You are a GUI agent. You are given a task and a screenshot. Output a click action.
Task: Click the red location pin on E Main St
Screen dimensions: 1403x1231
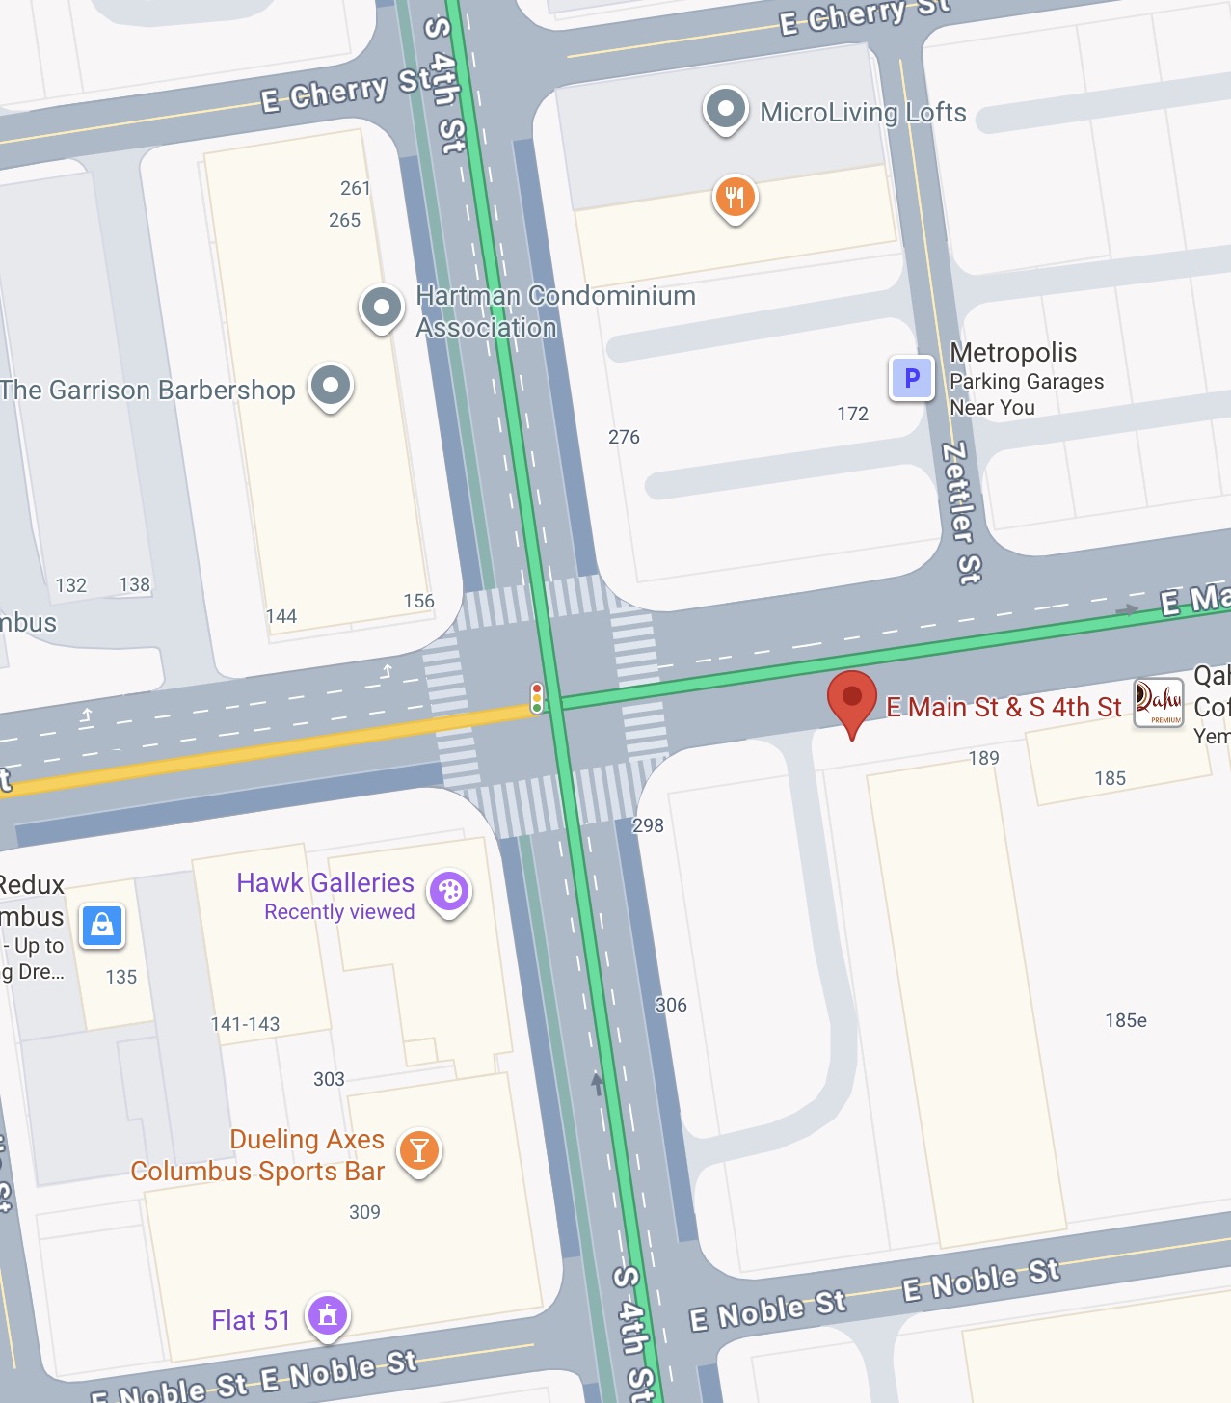pos(851,699)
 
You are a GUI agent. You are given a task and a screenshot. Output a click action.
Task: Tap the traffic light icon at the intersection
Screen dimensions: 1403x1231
pos(537,697)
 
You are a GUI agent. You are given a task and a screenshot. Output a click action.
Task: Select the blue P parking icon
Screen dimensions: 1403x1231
pos(911,378)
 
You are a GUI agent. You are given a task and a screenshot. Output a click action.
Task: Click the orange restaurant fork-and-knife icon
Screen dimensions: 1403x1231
pos(735,198)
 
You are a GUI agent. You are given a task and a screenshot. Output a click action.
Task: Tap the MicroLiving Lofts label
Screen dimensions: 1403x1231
pos(862,113)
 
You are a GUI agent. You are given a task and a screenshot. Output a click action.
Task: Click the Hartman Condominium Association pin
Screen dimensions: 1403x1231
pos(382,309)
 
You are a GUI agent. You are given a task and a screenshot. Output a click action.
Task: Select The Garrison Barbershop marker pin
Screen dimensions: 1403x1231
pos(331,386)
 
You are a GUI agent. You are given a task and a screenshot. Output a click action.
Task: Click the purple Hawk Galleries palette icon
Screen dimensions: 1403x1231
pos(449,892)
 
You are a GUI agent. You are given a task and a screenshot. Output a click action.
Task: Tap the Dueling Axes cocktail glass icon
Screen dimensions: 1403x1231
pos(419,1150)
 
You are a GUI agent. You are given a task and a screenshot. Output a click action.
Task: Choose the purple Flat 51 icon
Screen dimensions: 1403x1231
pos(328,1315)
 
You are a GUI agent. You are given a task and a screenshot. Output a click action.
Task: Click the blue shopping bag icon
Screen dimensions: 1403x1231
pos(102,927)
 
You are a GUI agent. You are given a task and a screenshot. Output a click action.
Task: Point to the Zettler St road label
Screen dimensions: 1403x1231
pos(960,513)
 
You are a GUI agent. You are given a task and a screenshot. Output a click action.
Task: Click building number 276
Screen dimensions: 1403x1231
pos(624,437)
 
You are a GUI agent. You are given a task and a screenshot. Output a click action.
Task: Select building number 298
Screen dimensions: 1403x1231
pos(648,825)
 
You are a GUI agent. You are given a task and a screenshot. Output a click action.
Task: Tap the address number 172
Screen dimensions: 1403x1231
pos(852,414)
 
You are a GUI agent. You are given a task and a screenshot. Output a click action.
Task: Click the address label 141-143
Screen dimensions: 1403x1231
pos(245,1024)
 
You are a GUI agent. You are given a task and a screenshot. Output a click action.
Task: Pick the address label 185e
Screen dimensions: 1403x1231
pos(1125,1020)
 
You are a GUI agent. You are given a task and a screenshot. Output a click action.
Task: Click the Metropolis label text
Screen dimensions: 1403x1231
pos(1013,352)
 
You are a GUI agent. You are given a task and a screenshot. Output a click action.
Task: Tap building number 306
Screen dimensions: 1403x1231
pos(671,1005)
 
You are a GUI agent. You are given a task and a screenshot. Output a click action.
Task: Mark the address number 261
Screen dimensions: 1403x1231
pos(355,188)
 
